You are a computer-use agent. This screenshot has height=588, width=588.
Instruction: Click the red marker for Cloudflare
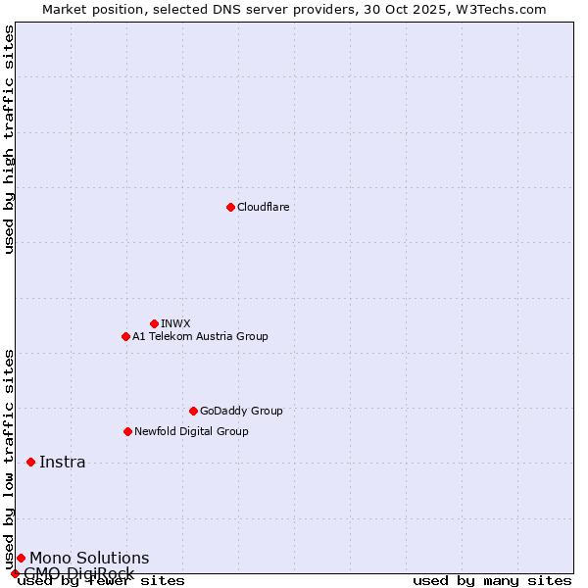[230, 207]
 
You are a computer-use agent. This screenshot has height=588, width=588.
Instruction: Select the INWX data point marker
[154, 323]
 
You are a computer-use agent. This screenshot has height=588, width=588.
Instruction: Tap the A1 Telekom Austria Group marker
[125, 336]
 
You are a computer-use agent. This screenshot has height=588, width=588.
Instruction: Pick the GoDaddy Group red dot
[193, 411]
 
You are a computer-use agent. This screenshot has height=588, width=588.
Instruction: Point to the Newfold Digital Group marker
[127, 431]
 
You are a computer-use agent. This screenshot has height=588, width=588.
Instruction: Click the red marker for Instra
[30, 462]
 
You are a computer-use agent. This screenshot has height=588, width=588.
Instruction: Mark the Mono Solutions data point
[21, 558]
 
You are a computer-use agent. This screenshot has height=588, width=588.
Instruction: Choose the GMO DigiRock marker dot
[15, 573]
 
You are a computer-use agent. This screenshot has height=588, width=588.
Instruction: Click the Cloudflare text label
[263, 207]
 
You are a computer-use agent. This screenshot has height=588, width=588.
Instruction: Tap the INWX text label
[175, 323]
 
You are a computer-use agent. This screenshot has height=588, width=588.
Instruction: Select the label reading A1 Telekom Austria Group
[200, 336]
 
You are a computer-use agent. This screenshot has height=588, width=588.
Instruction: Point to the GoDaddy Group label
[241, 411]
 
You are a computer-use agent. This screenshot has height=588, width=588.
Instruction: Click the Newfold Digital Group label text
[191, 431]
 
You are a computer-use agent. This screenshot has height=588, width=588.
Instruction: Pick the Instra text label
[63, 463]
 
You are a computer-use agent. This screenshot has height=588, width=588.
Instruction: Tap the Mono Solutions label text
[89, 559]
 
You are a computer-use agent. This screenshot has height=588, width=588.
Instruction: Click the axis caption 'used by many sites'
[492, 580]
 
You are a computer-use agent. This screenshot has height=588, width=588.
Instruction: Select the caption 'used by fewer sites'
[102, 580]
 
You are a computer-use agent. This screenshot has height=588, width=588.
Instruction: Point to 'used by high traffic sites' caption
[10, 139]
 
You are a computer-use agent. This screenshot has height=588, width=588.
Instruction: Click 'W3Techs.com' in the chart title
[498, 9]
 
